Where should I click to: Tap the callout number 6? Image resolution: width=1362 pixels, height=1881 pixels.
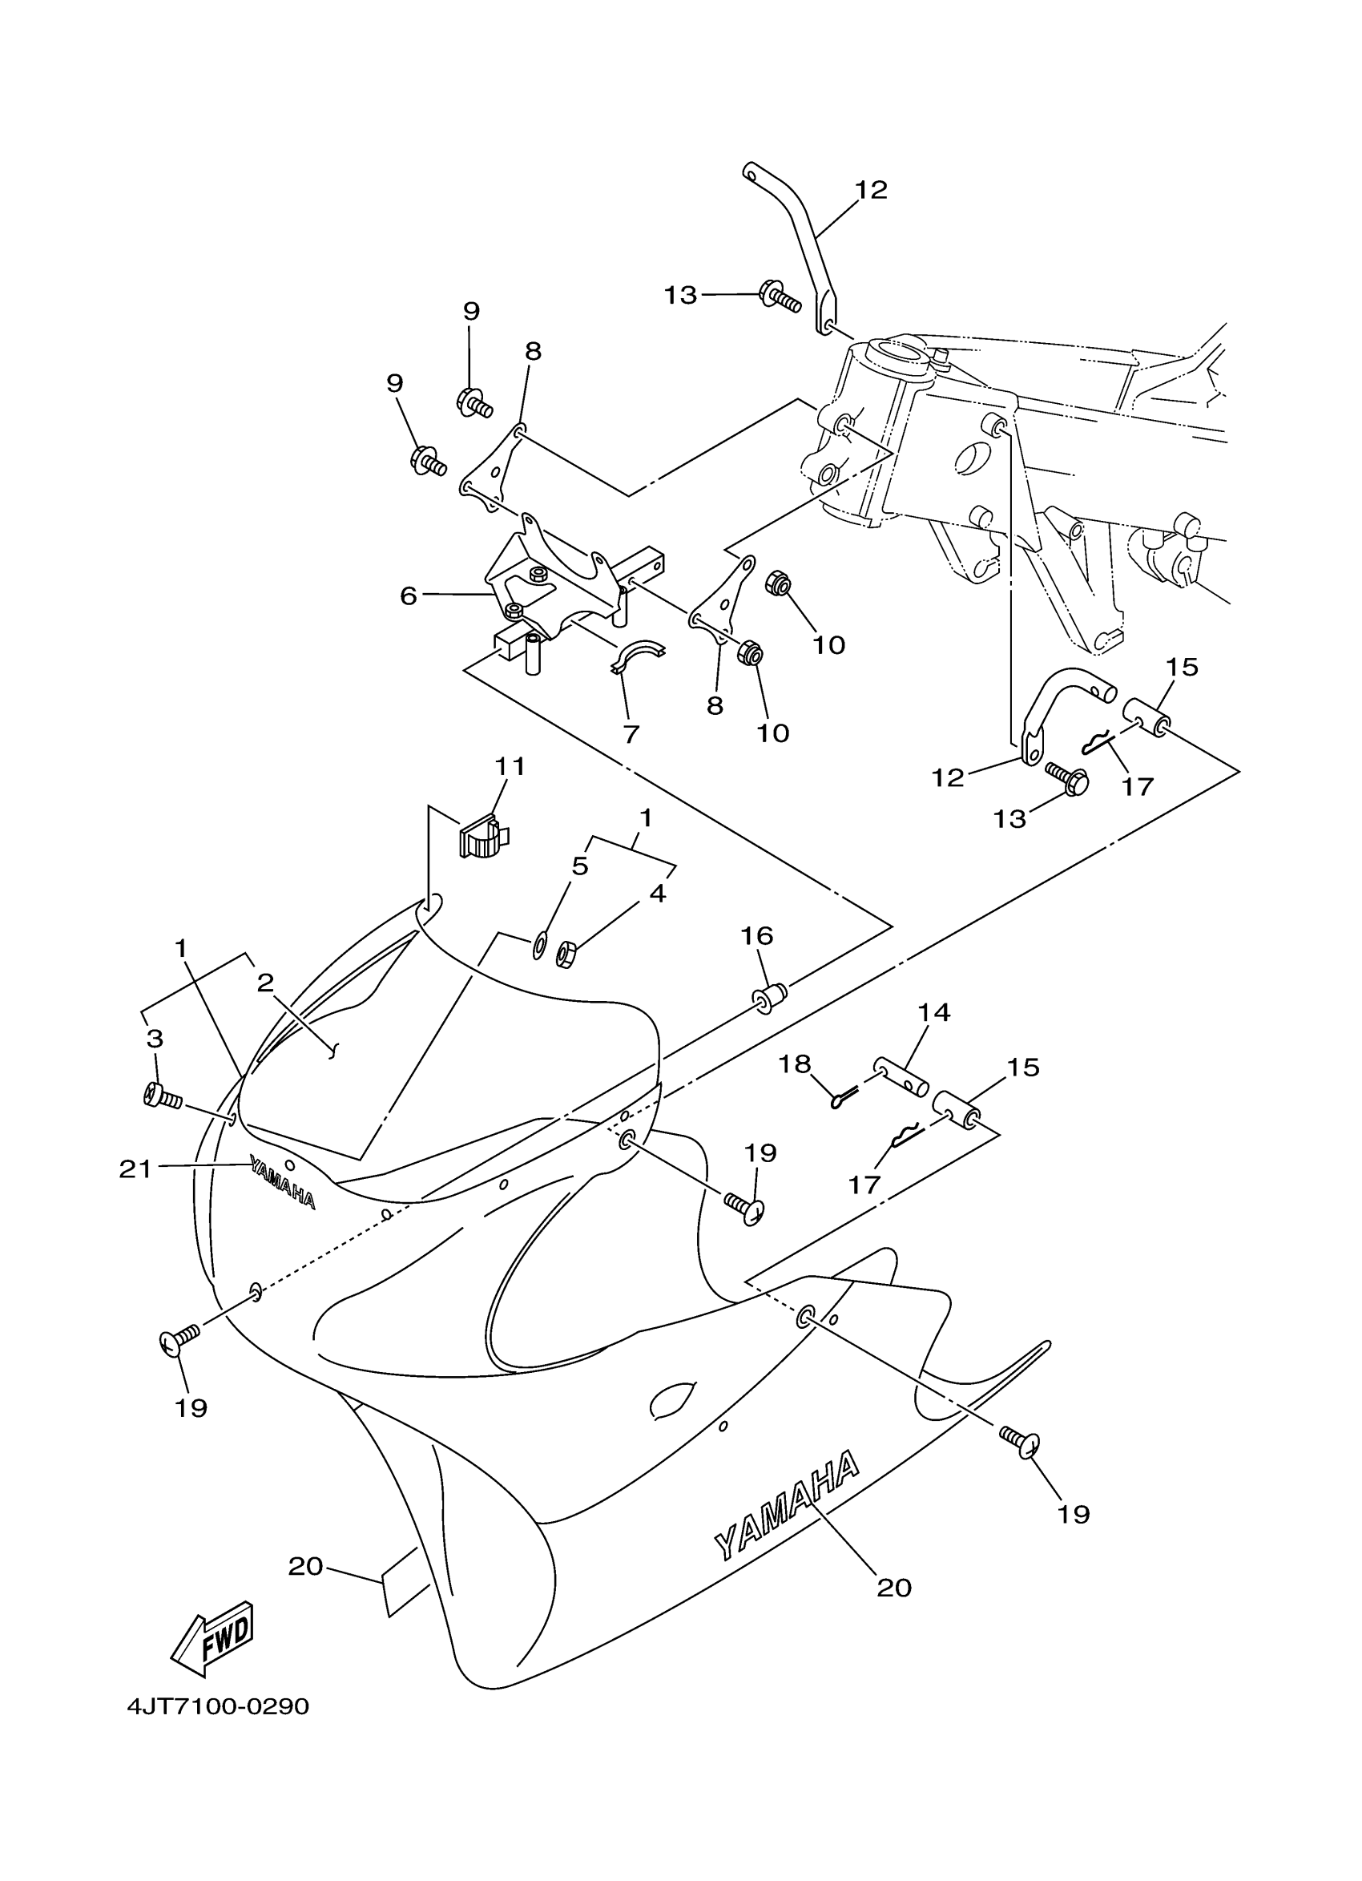click(x=408, y=595)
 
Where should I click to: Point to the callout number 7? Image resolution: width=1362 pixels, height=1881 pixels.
click(x=631, y=734)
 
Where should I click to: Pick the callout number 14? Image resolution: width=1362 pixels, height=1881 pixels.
click(x=933, y=1013)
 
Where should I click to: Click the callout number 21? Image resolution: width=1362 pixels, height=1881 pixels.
click(x=135, y=1169)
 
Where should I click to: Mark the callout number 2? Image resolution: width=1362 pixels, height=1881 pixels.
click(x=265, y=983)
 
